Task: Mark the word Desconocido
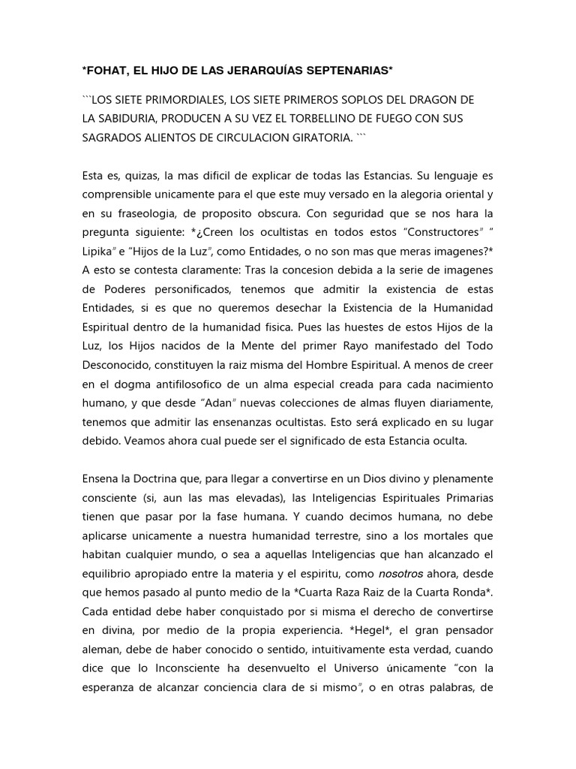click(118, 365)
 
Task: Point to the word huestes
click(315, 327)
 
